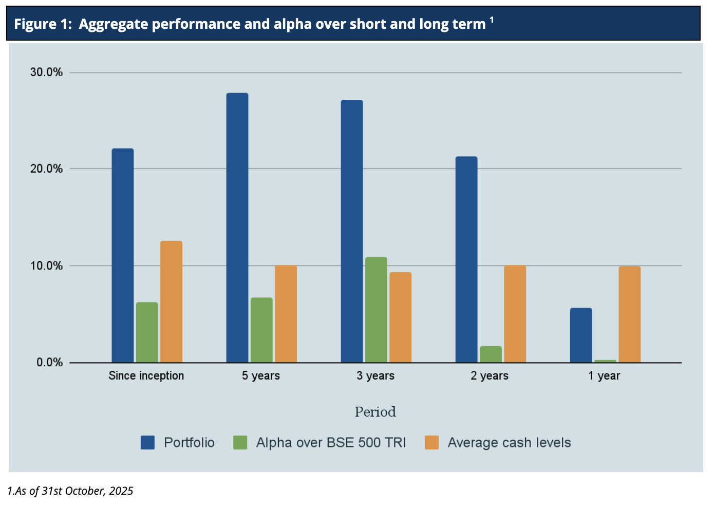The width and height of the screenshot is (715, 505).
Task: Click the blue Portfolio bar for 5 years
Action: click(x=237, y=228)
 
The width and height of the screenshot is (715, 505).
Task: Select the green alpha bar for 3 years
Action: click(x=376, y=310)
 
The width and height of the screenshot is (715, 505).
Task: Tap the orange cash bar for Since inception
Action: click(x=171, y=302)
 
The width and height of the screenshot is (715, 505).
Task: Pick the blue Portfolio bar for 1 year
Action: click(x=581, y=335)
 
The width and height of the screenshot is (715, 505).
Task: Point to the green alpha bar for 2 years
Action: click(x=491, y=354)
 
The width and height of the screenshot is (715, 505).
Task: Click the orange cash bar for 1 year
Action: click(x=629, y=314)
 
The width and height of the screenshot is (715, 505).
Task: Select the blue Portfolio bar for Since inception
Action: click(x=122, y=256)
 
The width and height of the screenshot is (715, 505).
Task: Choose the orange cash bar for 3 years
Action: click(x=400, y=317)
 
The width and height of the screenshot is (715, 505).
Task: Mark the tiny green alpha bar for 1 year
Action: click(x=605, y=361)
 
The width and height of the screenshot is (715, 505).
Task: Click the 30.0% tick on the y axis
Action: click(x=46, y=73)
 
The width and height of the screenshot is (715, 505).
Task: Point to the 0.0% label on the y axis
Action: click(x=49, y=363)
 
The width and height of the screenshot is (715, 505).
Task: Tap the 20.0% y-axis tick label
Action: click(x=46, y=169)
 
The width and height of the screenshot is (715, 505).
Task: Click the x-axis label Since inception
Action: click(x=146, y=376)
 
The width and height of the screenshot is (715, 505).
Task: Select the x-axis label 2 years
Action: click(x=489, y=376)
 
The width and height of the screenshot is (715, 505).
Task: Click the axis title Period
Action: click(x=375, y=412)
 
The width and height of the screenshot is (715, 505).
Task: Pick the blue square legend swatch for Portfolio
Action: click(x=147, y=443)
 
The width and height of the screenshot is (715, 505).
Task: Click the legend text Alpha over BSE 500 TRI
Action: click(x=331, y=443)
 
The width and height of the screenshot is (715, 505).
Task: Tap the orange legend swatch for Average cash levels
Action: click(x=431, y=443)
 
